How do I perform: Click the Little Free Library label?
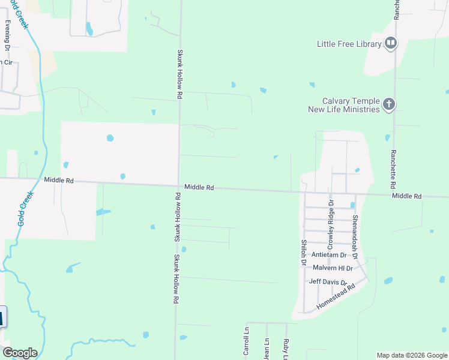pyautogui.click(x=349, y=44)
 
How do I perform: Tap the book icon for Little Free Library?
pyautogui.click(x=391, y=43)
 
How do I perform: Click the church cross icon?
pyautogui.click(x=389, y=105)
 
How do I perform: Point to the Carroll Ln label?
pyautogui.click(x=246, y=341)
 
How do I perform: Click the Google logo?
pyautogui.click(x=19, y=353)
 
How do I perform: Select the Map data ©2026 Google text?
pyautogui.click(x=411, y=355)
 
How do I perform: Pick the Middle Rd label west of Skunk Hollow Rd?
pyautogui.click(x=59, y=180)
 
